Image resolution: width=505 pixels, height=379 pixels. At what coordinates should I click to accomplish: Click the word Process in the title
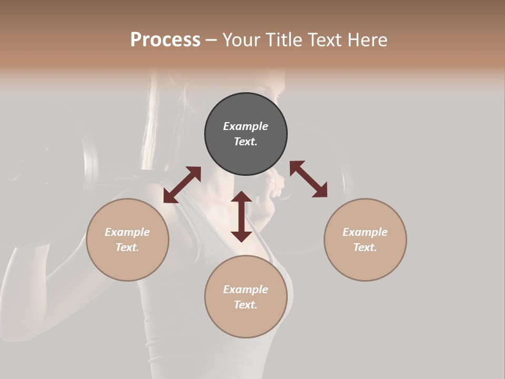click(x=165, y=40)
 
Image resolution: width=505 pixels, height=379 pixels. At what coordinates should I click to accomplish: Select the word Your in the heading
click(x=240, y=40)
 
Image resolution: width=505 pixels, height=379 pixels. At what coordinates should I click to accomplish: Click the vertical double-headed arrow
click(x=241, y=216)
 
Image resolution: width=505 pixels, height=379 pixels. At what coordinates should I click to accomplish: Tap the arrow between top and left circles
click(x=182, y=185)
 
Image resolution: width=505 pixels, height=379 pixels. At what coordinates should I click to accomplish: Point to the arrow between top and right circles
click(x=308, y=179)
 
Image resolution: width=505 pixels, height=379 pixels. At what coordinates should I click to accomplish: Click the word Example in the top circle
click(x=246, y=126)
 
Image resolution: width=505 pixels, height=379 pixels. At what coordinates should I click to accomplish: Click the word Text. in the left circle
click(x=127, y=247)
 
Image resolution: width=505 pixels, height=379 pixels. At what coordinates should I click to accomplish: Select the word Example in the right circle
click(x=365, y=232)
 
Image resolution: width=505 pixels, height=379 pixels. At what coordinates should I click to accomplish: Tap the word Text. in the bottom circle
click(x=246, y=305)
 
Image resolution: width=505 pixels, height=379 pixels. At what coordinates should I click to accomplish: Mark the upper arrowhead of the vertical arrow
click(x=241, y=197)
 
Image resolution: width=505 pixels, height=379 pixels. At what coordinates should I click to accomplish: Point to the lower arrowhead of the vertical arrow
click(x=241, y=236)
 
